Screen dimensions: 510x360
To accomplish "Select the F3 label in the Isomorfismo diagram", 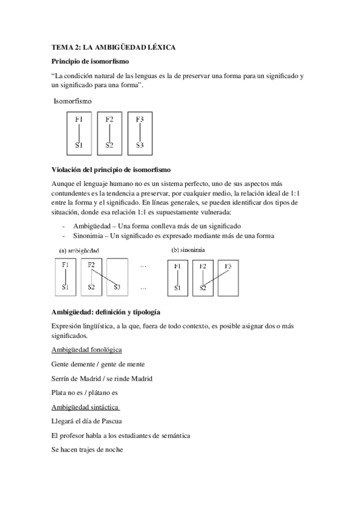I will pyautogui.click(x=139, y=119).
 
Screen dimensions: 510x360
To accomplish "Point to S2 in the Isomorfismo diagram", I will pyautogui.click(x=109, y=145).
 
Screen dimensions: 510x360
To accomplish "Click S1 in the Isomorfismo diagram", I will pyautogui.click(x=79, y=145).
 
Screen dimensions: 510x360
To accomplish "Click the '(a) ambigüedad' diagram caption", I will pyautogui.click(x=81, y=250).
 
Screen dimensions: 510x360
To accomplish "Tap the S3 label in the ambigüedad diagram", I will pyautogui.click(x=117, y=287).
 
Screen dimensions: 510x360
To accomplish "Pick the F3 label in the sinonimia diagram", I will pyautogui.click(x=228, y=265).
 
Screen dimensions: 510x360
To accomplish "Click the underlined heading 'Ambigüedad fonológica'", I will pyautogui.click(x=88, y=350).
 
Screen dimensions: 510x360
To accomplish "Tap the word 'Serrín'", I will pyautogui.click(x=62, y=378).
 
